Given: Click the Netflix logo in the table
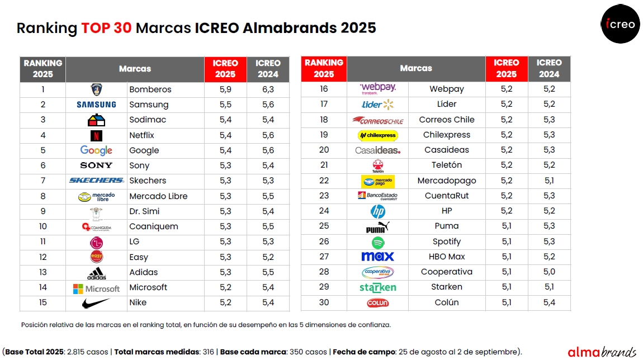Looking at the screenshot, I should tap(96, 135).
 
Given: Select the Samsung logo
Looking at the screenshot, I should tap(96, 105).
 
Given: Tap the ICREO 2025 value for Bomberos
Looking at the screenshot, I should tap(225, 89).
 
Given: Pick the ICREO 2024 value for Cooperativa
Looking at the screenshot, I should tap(549, 272).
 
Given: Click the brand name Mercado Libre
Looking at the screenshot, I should tap(158, 196).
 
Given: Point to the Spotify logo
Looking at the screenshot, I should tap(379, 242).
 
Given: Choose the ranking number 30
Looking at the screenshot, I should tap(324, 302).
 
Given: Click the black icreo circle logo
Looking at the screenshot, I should tap(620, 24).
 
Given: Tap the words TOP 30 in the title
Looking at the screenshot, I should tap(106, 28).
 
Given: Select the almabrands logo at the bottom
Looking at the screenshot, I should tap(601, 352).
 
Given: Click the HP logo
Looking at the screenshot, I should tap(378, 211).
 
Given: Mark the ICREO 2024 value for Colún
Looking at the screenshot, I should tap(549, 302).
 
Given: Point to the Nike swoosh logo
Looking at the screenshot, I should tap(96, 303).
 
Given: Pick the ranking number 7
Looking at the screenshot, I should tap(43, 181).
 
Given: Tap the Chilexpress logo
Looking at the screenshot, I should tap(377, 135).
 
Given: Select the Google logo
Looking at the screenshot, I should tap(96, 150).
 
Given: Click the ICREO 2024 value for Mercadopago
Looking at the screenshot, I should tap(549, 181).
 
